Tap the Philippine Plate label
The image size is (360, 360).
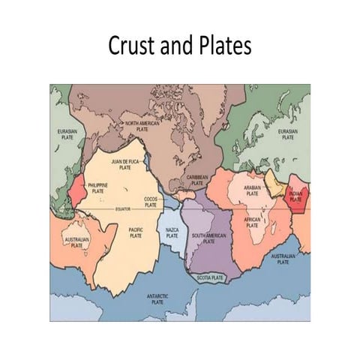[98, 187]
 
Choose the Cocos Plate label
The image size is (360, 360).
[150, 201]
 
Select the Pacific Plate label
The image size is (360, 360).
[136, 233]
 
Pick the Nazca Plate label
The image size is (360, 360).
[172, 233]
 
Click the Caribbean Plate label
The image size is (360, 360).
[197, 180]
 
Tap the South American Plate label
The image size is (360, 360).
[208, 239]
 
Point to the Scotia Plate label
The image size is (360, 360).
[211, 278]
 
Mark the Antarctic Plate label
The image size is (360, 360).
[157, 298]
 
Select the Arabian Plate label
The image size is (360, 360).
[252, 191]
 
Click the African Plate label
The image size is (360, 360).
[252, 222]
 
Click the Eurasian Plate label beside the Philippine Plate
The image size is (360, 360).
[67, 134]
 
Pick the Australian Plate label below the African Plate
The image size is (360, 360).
[283, 259]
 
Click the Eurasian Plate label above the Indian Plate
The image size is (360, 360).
[288, 135]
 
